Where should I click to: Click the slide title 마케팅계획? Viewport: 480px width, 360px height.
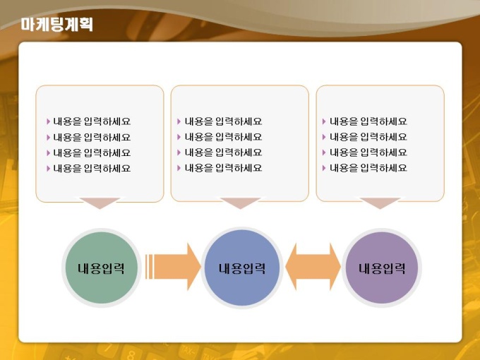[57, 24]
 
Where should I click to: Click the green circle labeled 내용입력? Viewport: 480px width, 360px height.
[102, 268]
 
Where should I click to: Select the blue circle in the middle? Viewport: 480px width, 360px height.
[241, 268]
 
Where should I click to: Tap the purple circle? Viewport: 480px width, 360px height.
[381, 268]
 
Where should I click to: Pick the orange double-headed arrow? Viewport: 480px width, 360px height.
[313, 267]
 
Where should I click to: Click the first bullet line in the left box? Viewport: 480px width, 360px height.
[89, 121]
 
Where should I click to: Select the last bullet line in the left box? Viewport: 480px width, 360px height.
[89, 168]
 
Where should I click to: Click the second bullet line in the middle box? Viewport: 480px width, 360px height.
[220, 137]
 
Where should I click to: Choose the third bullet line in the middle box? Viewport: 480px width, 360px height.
[220, 152]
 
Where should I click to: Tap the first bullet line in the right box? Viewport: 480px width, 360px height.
[365, 121]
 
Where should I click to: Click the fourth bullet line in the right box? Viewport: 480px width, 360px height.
[365, 168]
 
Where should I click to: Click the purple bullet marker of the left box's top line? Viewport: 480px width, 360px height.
[49, 121]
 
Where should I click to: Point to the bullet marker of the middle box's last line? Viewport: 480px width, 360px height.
[179, 168]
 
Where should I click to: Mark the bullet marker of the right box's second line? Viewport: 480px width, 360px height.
[324, 137]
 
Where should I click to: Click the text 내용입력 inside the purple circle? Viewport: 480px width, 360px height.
[382, 268]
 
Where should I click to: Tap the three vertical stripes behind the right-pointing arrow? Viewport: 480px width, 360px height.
[149, 267]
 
